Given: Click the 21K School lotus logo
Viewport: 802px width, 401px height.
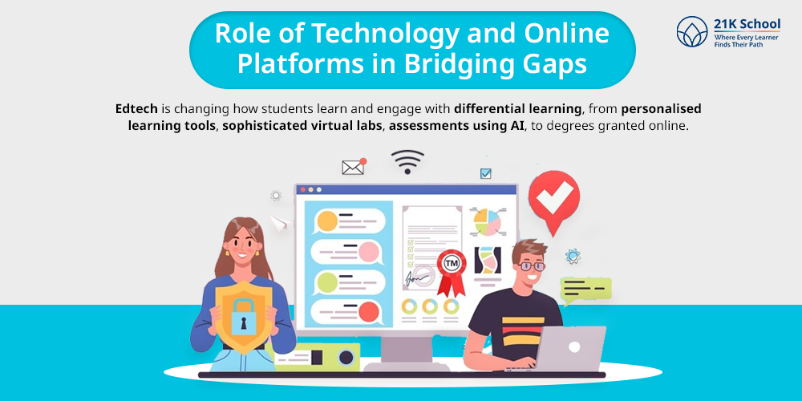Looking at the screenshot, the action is pos(692,32).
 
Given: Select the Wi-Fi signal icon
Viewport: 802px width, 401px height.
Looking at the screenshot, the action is pos(407,162).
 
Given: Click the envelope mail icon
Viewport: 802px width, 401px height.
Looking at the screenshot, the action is pos(353,168).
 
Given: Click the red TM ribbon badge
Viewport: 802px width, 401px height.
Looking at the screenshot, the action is pos(451,272).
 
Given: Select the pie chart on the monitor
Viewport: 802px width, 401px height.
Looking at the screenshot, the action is pos(488,222).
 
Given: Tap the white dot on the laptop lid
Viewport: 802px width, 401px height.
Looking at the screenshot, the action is pos(574,346).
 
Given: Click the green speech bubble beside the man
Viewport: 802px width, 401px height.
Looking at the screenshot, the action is pos(585,290).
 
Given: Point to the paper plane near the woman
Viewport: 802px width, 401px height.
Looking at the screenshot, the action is pos(280,223).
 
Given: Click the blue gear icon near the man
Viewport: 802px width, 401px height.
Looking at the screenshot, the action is pos(573,256).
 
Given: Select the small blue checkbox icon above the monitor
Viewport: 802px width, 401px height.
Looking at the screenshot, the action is pos(485,174).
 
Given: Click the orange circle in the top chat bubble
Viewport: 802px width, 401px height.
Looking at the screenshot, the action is pos(327,221).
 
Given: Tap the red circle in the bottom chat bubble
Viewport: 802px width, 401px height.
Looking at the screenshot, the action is pos(368,311).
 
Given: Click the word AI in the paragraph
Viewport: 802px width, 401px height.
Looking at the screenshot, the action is pos(517,127).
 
